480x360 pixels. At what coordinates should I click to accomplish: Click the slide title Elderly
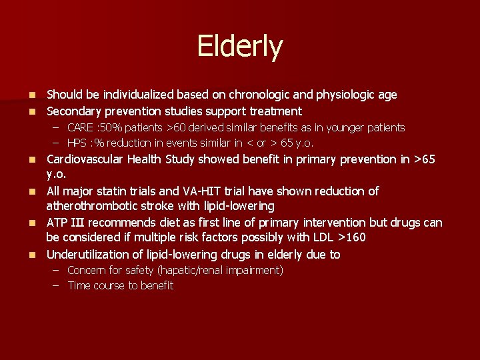[239, 47]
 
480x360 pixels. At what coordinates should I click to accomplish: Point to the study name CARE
[80, 127]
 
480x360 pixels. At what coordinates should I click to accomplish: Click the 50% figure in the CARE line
[109, 127]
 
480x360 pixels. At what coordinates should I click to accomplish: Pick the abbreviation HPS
[78, 143]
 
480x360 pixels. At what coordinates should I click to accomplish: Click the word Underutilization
[89, 254]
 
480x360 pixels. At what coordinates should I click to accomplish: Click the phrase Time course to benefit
[120, 285]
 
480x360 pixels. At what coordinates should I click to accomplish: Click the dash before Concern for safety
[57, 270]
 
